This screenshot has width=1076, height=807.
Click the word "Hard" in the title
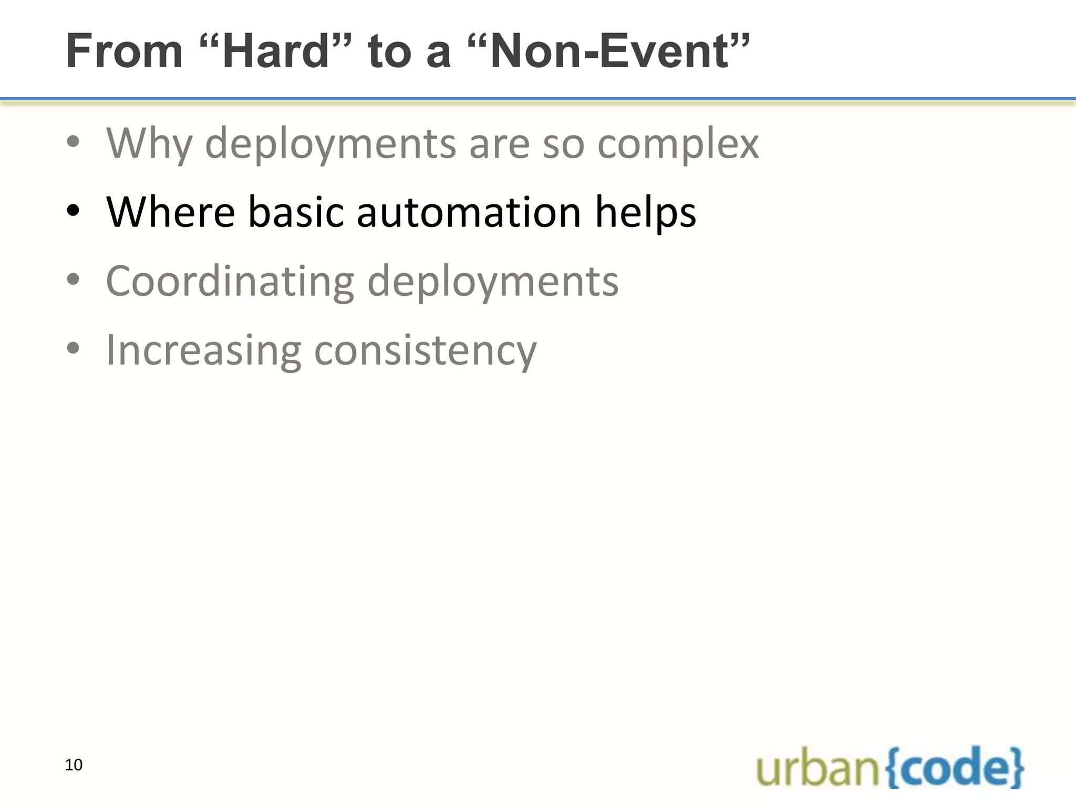[276, 51]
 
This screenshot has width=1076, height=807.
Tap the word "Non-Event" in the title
[609, 51]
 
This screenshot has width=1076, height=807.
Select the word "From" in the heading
[124, 51]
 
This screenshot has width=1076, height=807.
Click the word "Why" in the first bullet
[149, 143]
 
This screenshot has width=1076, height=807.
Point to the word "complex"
[678, 143]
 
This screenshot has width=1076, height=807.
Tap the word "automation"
[469, 212]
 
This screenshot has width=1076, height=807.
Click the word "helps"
[645, 212]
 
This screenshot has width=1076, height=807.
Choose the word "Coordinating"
[230, 281]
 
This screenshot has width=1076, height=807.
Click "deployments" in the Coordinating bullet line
[493, 281]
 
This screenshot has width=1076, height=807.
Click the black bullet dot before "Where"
[73, 212]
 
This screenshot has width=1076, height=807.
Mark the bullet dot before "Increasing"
[73, 348]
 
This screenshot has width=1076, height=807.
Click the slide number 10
[74, 765]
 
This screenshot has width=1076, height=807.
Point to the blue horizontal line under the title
[538, 98]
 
